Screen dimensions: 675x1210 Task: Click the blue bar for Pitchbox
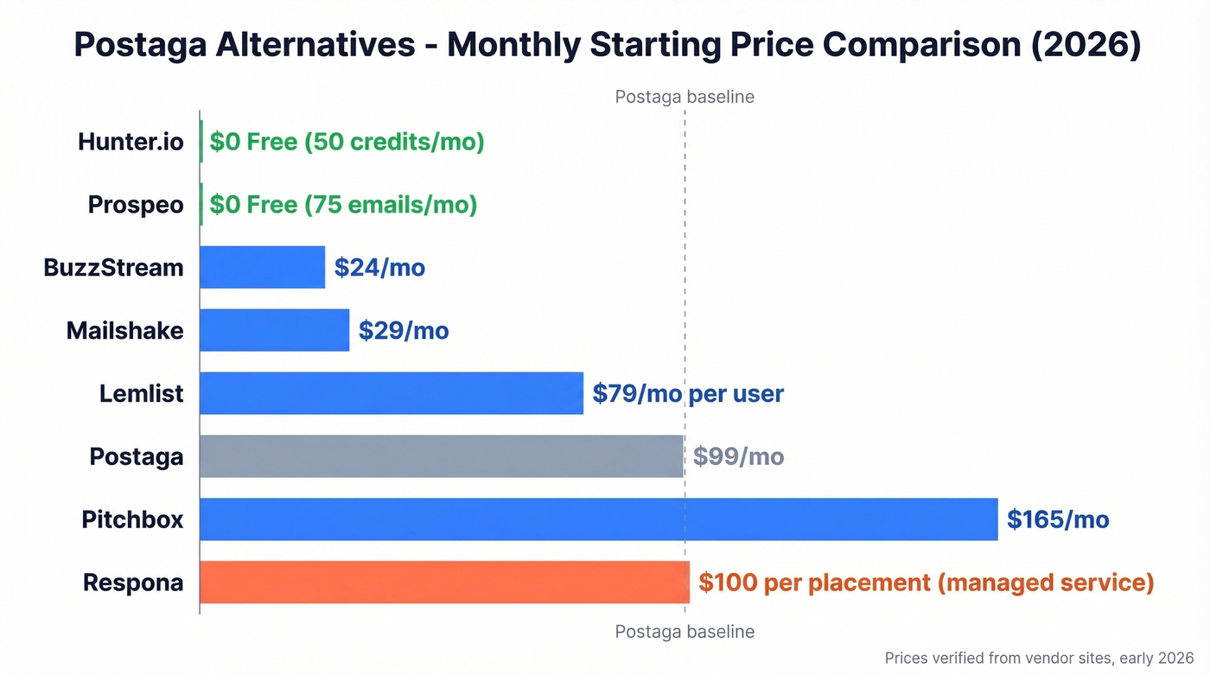click(x=598, y=519)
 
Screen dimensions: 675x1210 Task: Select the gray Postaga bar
click(x=441, y=456)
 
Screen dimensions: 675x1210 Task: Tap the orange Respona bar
click(x=444, y=583)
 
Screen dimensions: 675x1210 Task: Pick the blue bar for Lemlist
click(x=391, y=393)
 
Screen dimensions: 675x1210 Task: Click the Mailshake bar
click(x=274, y=330)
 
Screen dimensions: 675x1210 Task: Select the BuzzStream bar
click(x=262, y=267)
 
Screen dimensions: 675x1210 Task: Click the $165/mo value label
click(x=1058, y=519)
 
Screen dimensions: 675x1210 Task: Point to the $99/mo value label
click(x=738, y=456)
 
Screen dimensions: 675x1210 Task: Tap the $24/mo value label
click(x=379, y=267)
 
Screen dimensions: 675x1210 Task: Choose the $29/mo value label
click(x=404, y=330)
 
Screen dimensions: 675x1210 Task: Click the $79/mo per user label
click(x=688, y=393)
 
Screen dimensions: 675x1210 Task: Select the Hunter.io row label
click(x=131, y=142)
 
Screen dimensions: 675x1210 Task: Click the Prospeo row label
click(x=136, y=205)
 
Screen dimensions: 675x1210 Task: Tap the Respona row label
click(x=133, y=583)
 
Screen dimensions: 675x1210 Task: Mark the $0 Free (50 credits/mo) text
click(x=347, y=142)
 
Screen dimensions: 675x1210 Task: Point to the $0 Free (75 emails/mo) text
click(x=343, y=205)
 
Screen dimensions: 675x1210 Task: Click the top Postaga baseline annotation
click(x=685, y=97)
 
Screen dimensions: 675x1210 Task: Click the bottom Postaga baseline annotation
click(x=685, y=632)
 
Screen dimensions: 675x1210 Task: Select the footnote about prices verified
click(x=1039, y=659)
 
